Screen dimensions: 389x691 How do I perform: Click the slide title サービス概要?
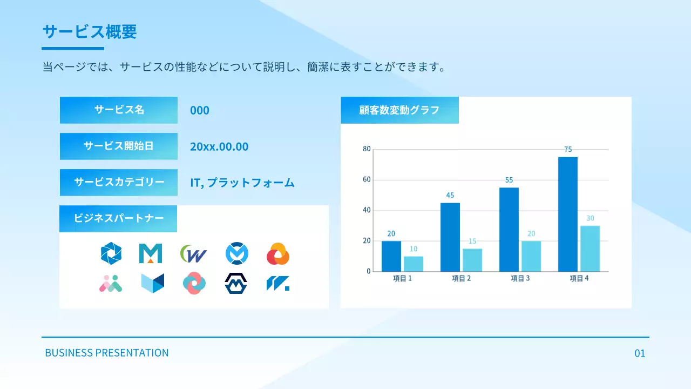coord(90,32)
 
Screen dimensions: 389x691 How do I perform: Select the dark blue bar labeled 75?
coord(567,214)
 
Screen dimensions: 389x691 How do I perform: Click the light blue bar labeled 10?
coord(414,264)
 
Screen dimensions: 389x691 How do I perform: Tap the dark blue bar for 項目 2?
coord(450,237)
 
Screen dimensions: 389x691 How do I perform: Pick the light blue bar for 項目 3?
coord(531,256)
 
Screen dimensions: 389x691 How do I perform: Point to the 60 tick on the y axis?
coord(367,180)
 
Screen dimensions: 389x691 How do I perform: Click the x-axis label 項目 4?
coord(579,279)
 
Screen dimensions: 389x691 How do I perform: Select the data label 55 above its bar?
coord(509,180)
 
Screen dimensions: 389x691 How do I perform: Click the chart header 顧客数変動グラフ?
coord(399,110)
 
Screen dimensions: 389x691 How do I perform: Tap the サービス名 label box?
coord(119,110)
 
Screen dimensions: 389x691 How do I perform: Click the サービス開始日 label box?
coord(119,146)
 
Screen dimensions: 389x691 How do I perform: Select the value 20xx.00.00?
coord(219,146)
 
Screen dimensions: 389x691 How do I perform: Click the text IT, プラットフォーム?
coord(242,183)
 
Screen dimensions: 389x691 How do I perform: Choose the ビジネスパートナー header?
coord(118,218)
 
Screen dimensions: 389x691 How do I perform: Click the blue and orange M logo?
coord(151,253)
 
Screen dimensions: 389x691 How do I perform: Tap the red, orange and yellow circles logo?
coord(278,254)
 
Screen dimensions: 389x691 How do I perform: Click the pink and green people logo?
coord(111,283)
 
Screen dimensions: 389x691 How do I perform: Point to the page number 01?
coord(640,354)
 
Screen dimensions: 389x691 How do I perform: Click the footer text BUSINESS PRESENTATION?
coord(107,353)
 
